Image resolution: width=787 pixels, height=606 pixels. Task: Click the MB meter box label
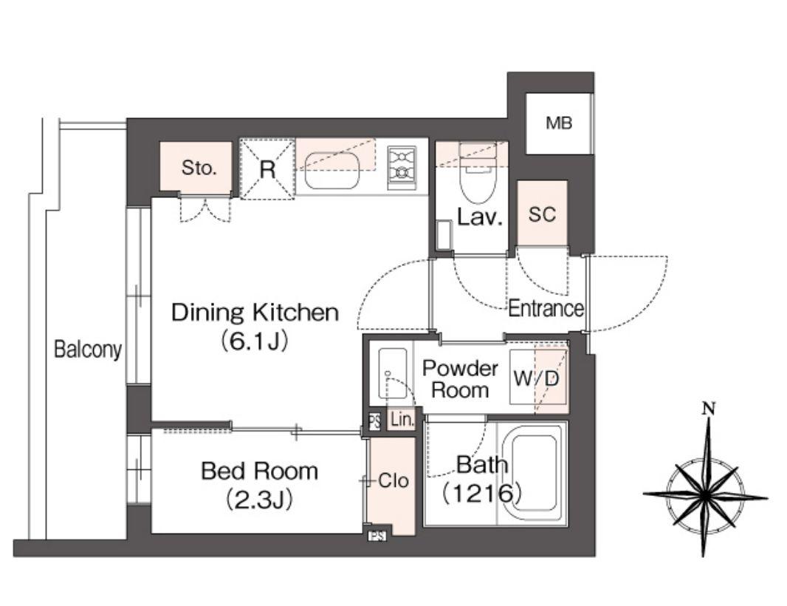point(559,123)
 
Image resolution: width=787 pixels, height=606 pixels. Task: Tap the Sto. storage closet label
point(199,168)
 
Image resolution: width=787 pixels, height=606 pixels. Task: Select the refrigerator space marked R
point(267,168)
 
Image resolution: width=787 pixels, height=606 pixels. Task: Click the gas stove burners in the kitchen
point(402,167)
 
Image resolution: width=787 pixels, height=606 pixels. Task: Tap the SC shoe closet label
point(542,214)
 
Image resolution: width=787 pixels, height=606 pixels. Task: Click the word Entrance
point(546,308)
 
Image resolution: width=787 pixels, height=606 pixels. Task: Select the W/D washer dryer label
point(536,378)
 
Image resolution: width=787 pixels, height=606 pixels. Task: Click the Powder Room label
point(460,379)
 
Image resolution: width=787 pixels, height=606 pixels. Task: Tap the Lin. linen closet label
point(402,420)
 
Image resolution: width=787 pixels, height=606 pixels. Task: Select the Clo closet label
point(393,481)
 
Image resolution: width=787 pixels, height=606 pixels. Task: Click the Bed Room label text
point(259,471)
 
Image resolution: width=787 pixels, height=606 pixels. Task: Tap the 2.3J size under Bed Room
point(259,500)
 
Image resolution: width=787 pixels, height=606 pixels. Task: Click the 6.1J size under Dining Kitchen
point(254,341)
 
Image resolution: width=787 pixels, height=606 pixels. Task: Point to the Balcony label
point(88,349)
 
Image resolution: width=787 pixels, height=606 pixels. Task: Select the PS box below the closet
point(377,536)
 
